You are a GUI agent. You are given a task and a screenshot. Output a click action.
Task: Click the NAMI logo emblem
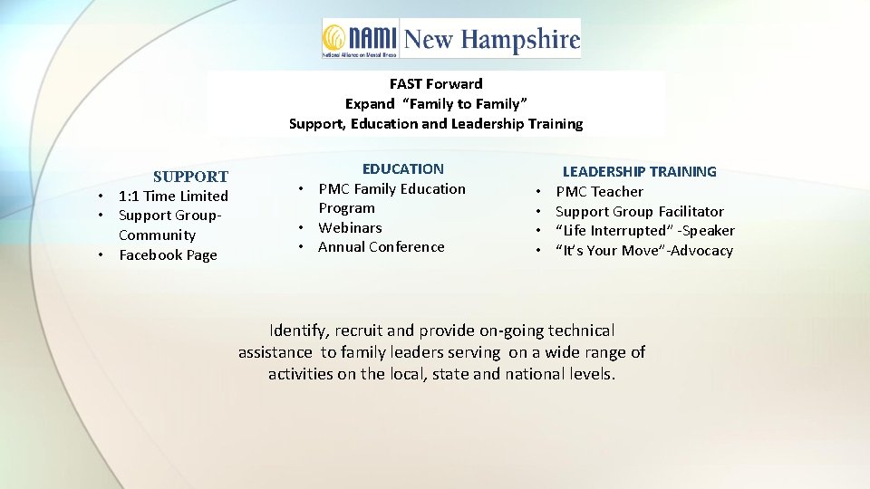click(x=334, y=38)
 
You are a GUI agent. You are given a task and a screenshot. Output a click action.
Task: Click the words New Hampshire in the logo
click(x=491, y=40)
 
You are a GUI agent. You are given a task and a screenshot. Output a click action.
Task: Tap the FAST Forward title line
click(x=436, y=84)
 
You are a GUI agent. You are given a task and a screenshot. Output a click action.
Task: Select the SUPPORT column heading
click(x=190, y=177)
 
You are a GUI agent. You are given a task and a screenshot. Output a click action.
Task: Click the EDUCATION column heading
click(x=403, y=168)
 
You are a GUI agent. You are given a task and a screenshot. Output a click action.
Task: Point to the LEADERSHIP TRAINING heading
click(x=639, y=171)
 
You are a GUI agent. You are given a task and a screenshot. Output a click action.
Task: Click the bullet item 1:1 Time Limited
click(x=173, y=196)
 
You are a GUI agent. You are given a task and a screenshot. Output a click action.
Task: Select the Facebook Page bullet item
click(x=168, y=255)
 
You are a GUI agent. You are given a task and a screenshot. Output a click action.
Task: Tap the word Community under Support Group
click(x=157, y=235)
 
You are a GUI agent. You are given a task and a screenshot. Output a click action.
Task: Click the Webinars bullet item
click(x=350, y=227)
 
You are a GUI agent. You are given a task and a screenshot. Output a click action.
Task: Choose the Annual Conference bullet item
click(x=381, y=246)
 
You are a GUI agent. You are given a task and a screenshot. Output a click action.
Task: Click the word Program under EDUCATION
click(x=346, y=208)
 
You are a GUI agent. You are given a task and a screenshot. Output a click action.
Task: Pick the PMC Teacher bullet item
click(x=599, y=191)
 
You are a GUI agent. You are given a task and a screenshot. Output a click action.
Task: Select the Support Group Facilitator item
click(x=639, y=211)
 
